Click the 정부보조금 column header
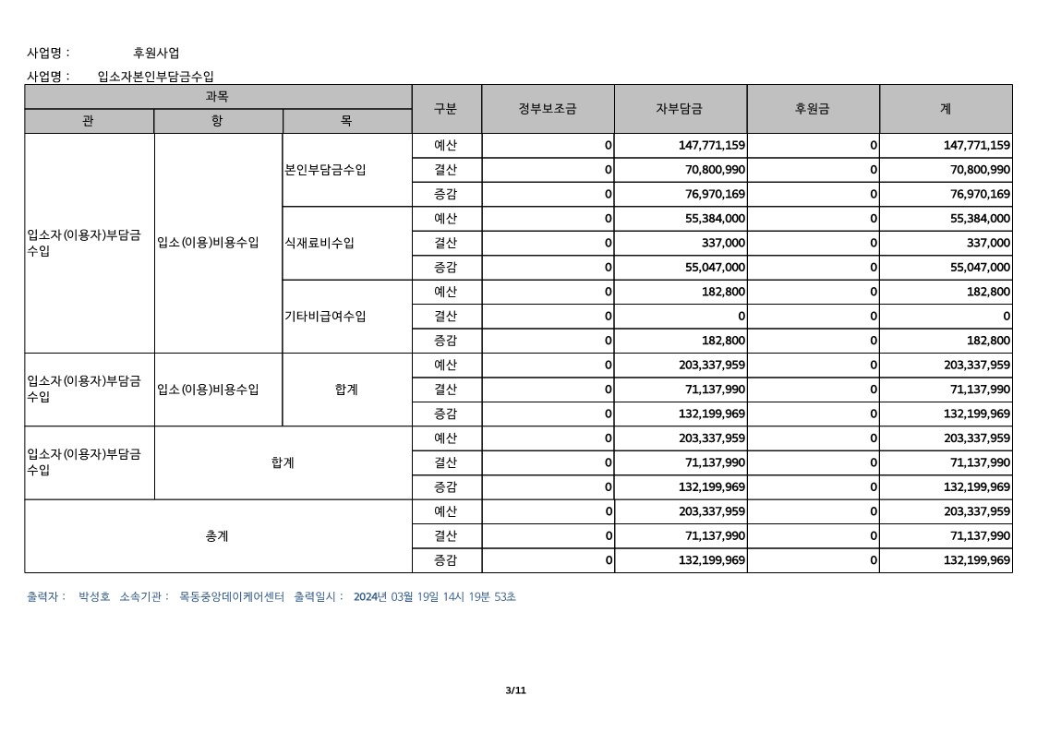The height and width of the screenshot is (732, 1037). tap(548, 109)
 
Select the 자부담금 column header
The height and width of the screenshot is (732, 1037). tap(680, 109)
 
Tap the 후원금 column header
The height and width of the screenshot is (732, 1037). tap(813, 109)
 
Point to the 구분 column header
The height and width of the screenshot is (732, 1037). tap(446, 109)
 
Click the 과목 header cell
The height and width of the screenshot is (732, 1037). tap(217, 96)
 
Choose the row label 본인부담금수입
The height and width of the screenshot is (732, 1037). tap(326, 170)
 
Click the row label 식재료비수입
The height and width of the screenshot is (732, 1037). tap(320, 243)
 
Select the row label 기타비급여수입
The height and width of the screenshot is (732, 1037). tap(326, 316)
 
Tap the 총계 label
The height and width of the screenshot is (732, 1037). tap(217, 536)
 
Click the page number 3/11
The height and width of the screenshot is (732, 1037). tap(516, 690)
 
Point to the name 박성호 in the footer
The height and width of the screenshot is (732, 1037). tap(95, 597)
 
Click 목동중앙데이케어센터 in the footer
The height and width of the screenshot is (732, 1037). tap(232, 597)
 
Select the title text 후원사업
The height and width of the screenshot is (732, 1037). tap(156, 53)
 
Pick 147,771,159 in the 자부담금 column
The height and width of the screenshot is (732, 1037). tap(712, 146)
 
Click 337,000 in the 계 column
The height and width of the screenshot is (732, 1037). tap(985, 243)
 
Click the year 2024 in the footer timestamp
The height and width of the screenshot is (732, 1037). tap(367, 597)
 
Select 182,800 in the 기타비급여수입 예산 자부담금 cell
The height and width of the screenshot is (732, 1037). tap(723, 292)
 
